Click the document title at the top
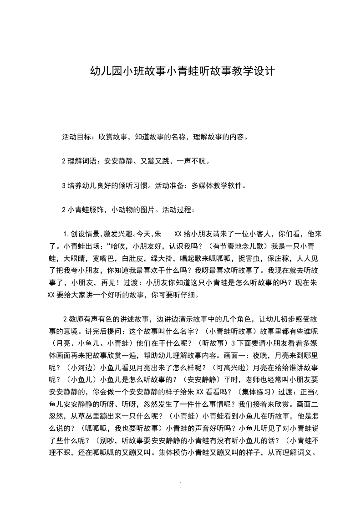tap(181, 72)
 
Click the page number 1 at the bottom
tap(181, 485)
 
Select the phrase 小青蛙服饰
tap(83, 210)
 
